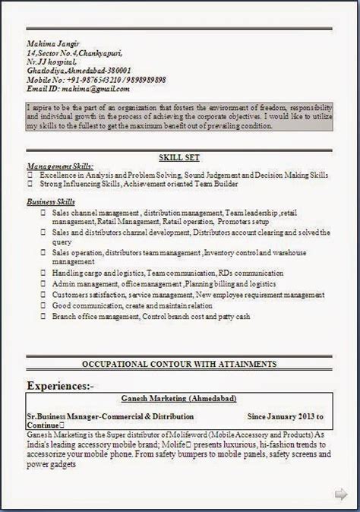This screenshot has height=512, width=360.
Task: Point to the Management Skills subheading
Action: pyautogui.click(x=60, y=166)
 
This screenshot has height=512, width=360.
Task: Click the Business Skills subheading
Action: pyautogui.click(x=52, y=202)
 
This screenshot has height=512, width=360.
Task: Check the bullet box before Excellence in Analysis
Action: pyautogui.click(x=30, y=175)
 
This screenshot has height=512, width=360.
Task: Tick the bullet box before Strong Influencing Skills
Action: pyautogui.click(x=30, y=184)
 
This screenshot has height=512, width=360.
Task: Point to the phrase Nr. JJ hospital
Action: pyautogui.click(x=53, y=62)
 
